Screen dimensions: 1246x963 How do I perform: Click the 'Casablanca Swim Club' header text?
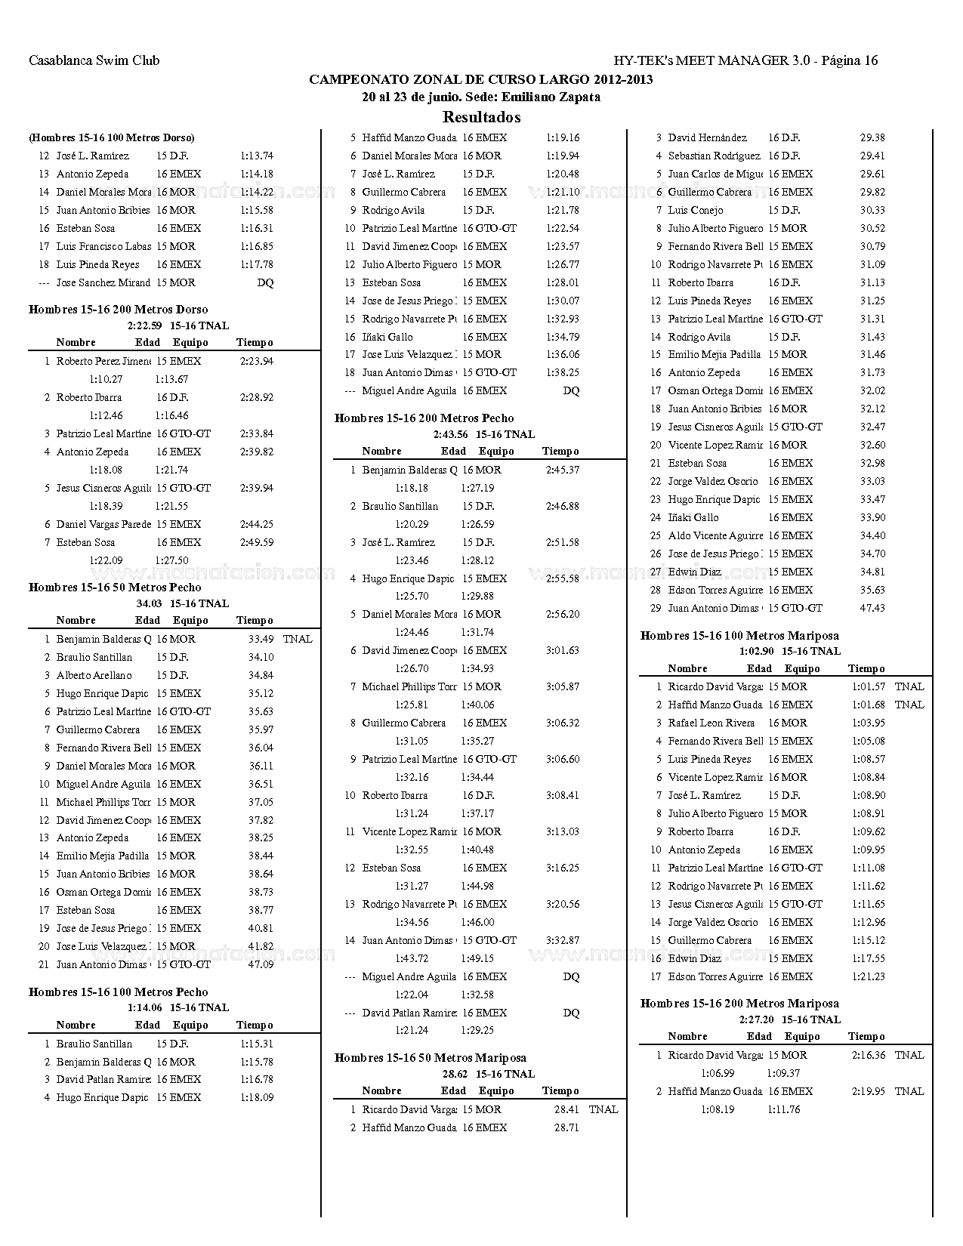point(94,60)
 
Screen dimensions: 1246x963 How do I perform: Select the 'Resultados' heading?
point(481,117)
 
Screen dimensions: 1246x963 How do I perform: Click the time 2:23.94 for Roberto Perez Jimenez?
point(257,361)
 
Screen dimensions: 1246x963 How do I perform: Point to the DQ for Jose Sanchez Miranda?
point(265,282)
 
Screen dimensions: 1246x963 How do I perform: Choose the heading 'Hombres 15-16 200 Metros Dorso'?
point(118,309)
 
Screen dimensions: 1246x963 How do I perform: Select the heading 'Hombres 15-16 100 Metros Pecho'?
point(118,992)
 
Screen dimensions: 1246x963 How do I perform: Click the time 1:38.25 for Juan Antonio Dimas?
point(563,372)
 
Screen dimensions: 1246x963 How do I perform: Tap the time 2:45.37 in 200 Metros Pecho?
point(563,470)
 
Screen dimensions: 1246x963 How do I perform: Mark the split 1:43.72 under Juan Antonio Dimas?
point(412,958)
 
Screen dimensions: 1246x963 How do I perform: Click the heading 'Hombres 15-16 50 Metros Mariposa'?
point(431,1057)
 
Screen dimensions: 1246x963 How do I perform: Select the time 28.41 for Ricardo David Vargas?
point(566,1109)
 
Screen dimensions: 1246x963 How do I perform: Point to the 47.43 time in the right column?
point(872,608)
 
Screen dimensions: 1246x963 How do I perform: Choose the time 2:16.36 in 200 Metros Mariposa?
point(869,1055)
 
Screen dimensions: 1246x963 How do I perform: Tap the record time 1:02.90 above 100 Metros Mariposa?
point(757,651)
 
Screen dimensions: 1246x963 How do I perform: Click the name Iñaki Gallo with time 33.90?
point(693,517)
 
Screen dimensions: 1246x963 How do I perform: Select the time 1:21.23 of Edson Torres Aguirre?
point(869,976)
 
